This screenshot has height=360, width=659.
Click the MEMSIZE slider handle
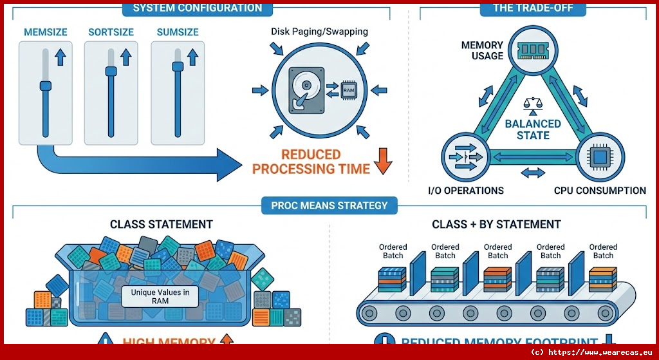coord(44,86)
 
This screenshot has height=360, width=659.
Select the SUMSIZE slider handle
coord(177,66)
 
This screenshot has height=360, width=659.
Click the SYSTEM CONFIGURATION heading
coord(197,8)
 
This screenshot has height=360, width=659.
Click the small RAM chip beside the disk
coord(348,90)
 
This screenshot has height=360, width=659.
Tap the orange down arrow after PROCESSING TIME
coord(382,162)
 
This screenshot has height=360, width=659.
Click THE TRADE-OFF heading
coord(524,8)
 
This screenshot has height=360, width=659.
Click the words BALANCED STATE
coord(533,129)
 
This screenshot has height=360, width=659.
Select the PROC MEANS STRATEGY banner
coord(329,205)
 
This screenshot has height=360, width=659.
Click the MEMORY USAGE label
coord(482,50)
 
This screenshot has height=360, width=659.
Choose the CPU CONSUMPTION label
coord(600,191)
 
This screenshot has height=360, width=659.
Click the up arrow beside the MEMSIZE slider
coord(60,57)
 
